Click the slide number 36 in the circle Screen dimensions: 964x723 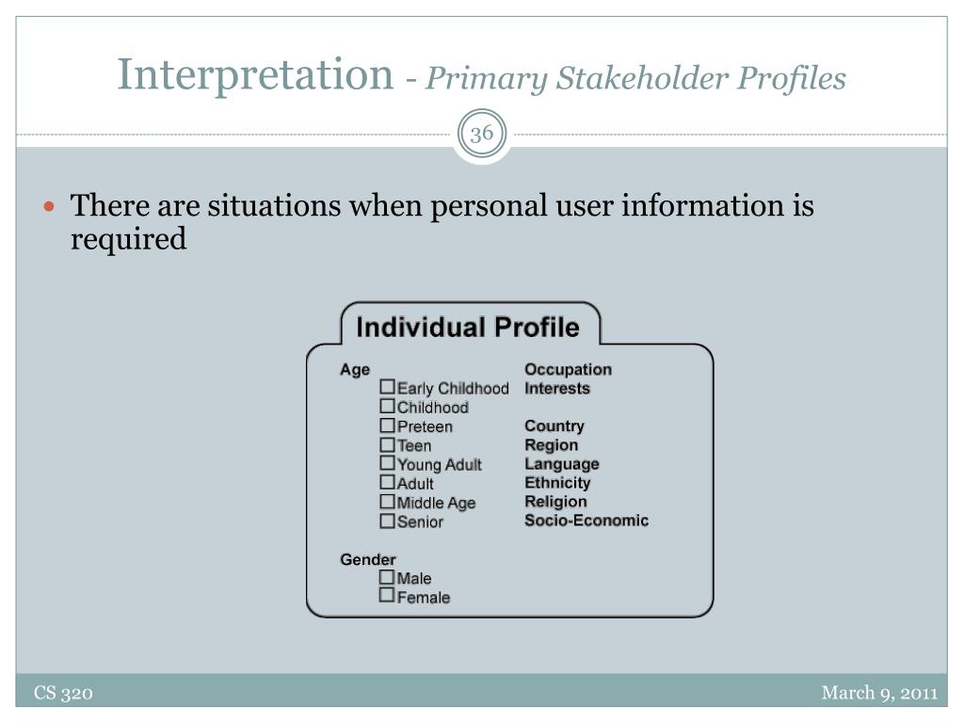(482, 134)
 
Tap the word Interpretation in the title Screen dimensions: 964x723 (255, 75)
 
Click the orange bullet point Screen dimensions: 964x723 (50, 206)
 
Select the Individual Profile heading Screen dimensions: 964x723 (468, 327)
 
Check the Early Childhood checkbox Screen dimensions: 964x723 (387, 387)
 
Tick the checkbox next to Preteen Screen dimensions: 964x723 (387, 425)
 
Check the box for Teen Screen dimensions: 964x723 (387, 444)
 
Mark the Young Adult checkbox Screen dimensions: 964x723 (387, 463)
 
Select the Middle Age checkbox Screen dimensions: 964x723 (387, 501)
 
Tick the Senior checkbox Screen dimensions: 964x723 (387, 520)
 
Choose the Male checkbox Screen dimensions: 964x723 (387, 577)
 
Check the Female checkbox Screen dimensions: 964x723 (387, 595)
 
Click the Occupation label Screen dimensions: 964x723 (568, 370)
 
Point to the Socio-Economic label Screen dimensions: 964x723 (586, 521)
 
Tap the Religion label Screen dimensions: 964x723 (555, 503)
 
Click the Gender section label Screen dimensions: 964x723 (368, 559)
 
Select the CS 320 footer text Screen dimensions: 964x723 (63, 693)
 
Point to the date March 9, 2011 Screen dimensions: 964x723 (880, 693)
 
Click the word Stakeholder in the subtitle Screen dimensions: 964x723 (642, 79)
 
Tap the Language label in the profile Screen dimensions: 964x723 (562, 465)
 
